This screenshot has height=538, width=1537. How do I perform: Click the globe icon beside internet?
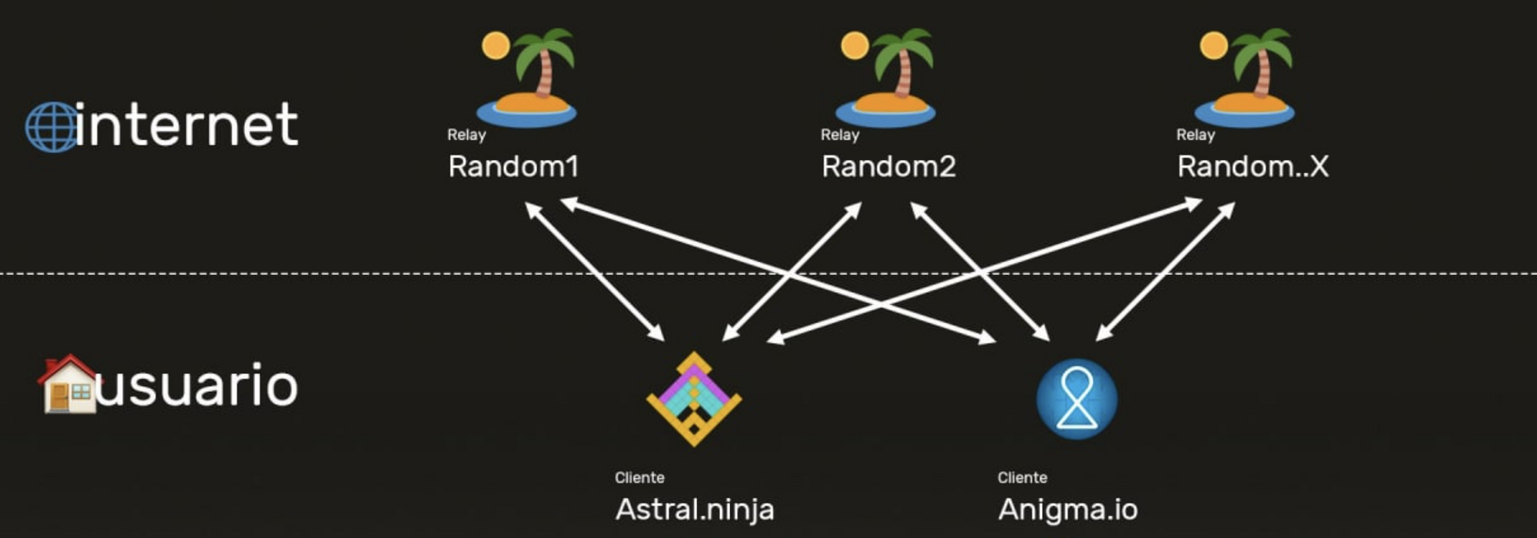pyautogui.click(x=51, y=127)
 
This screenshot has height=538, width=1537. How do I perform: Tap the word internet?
pyautogui.click(x=187, y=125)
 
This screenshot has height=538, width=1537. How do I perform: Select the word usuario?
pyautogui.click(x=197, y=385)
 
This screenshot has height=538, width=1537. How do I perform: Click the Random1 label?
pyautogui.click(x=513, y=167)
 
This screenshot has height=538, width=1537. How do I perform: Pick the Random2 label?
pyautogui.click(x=888, y=167)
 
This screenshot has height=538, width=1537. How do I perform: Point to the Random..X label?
pyautogui.click(x=1253, y=167)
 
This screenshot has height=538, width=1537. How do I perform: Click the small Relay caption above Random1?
pyautogui.click(x=466, y=134)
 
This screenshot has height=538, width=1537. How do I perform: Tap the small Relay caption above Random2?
pyautogui.click(x=840, y=134)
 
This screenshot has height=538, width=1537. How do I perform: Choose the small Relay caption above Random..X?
pyautogui.click(x=1196, y=134)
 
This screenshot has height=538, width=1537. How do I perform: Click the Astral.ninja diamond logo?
pyautogui.click(x=694, y=399)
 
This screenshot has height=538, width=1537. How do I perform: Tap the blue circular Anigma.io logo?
pyautogui.click(x=1077, y=399)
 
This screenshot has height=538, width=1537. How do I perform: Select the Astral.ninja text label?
pyautogui.click(x=695, y=510)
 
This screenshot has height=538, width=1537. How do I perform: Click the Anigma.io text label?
pyautogui.click(x=1067, y=510)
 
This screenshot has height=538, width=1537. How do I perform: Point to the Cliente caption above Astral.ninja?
pyautogui.click(x=639, y=477)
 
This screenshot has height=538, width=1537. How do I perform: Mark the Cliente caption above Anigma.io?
pyautogui.click(x=1022, y=477)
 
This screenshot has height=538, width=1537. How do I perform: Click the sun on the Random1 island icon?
pyautogui.click(x=496, y=45)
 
